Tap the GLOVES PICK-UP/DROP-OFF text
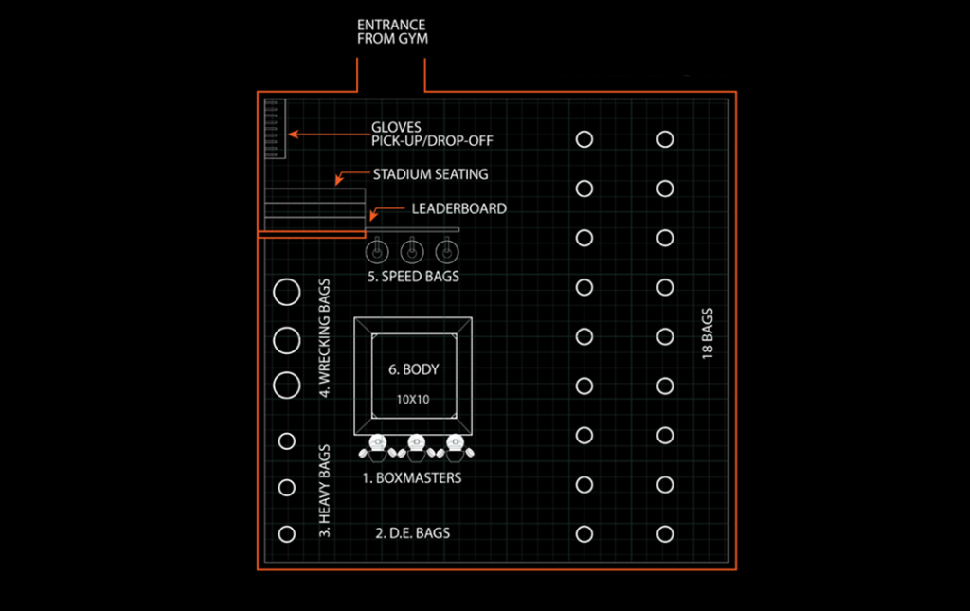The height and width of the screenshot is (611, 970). coord(432,134)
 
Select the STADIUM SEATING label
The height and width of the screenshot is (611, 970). coord(430,174)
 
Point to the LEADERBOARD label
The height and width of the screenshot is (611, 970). coord(458,208)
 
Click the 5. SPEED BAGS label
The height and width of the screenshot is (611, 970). coord(413,277)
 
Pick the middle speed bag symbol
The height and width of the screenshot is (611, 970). coord(411,251)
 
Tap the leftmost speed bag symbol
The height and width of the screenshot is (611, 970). coord(376,251)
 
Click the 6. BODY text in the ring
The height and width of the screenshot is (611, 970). coord(413,369)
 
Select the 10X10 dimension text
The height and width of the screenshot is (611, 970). coord(413,400)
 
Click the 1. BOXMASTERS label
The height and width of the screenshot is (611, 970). coord(412,478)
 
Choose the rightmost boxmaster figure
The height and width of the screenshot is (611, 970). coord(457,444)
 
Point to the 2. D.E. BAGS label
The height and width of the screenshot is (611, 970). coord(413,533)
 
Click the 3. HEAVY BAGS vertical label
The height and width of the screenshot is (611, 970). coord(325,491)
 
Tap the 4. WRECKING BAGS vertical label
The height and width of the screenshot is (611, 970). coord(325,338)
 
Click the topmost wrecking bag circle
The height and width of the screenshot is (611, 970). coord(286,292)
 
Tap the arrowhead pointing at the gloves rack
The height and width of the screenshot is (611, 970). coord(292,135)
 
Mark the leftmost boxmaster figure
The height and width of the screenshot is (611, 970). coord(377,444)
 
